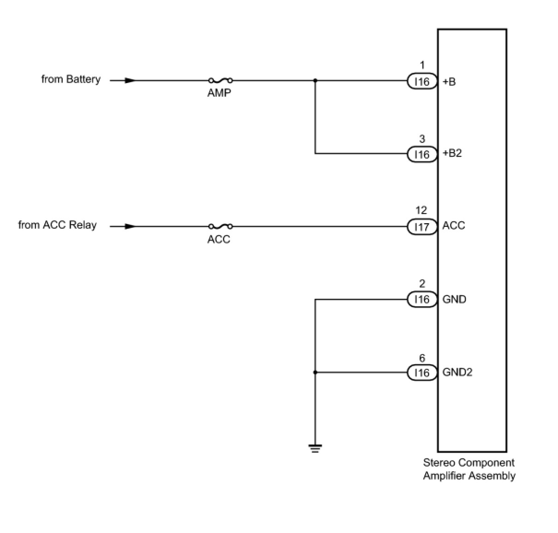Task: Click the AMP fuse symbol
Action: click(x=220, y=80)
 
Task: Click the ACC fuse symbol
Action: click(x=220, y=226)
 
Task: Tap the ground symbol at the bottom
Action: click(x=315, y=448)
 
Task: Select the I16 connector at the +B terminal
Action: click(x=421, y=82)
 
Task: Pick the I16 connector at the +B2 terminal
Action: click(x=421, y=154)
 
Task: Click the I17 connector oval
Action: click(x=421, y=227)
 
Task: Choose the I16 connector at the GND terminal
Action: click(x=421, y=300)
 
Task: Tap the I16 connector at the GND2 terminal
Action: click(x=421, y=373)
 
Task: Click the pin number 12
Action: click(x=421, y=210)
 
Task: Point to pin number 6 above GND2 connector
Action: click(x=422, y=358)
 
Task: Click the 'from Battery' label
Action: click(x=71, y=79)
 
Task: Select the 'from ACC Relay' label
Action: click(x=58, y=225)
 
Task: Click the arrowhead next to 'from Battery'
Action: click(x=130, y=80)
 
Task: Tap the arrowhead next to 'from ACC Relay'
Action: click(x=130, y=226)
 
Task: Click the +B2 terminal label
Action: click(x=452, y=153)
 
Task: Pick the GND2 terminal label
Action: click(x=457, y=372)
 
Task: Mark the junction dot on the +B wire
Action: click(x=315, y=80)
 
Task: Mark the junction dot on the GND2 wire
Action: click(x=315, y=373)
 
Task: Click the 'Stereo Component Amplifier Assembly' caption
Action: click(x=469, y=469)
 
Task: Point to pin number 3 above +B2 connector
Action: click(x=422, y=139)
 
